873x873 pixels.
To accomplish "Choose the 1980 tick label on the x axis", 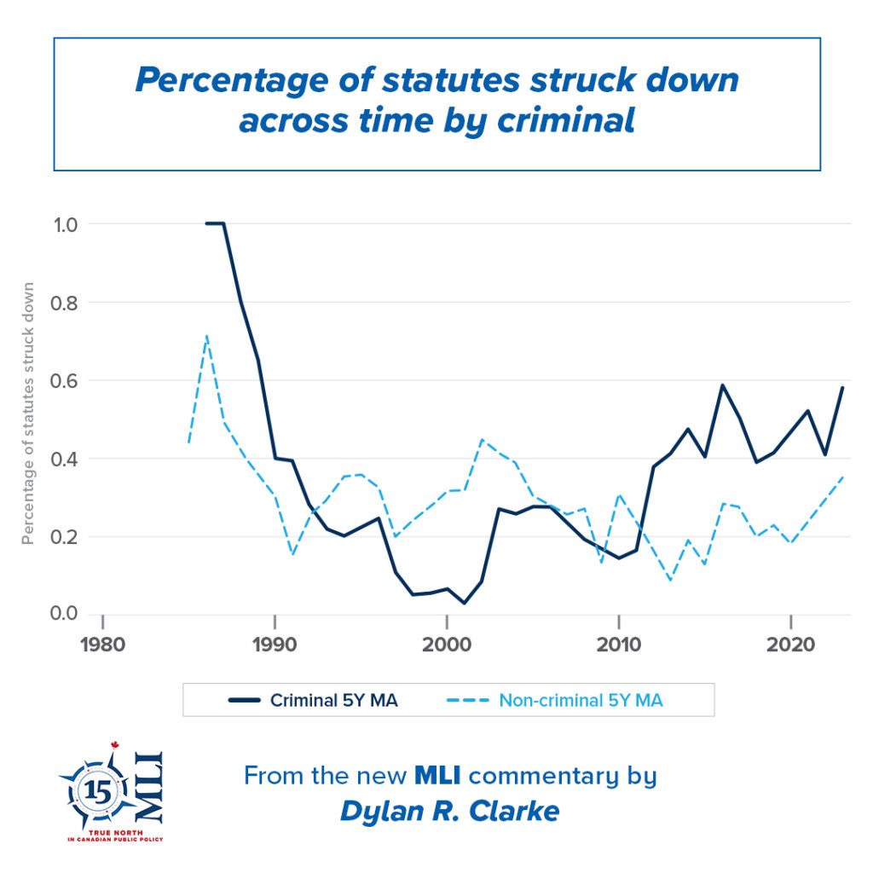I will (102, 644).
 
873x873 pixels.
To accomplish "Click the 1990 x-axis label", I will (275, 644).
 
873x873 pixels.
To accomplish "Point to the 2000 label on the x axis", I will (447, 644).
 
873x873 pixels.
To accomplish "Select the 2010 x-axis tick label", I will (619, 644).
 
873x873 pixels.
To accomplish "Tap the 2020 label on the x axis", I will (791, 644).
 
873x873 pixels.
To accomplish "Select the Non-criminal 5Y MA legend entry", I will (581, 701).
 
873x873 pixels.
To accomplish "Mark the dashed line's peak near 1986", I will (206, 336).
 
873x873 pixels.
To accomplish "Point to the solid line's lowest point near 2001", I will (464, 603).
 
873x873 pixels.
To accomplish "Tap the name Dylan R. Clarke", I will (449, 811).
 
